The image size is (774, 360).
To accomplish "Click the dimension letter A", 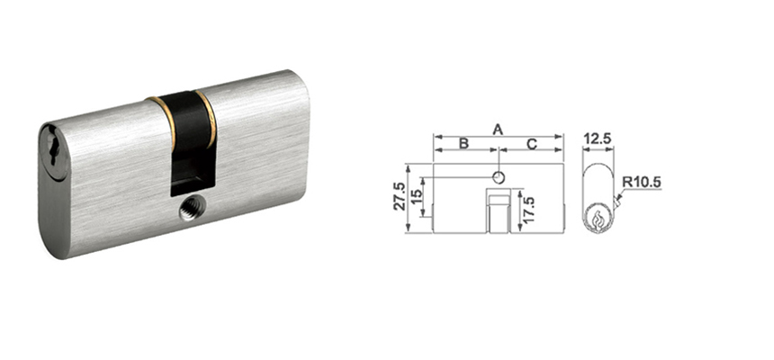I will tap(498, 129).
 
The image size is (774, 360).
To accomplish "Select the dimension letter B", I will tap(463, 144).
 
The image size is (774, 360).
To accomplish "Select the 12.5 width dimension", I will tap(597, 139).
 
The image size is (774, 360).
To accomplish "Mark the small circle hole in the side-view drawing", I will tap(498, 175).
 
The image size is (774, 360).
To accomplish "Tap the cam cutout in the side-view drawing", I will tap(498, 211).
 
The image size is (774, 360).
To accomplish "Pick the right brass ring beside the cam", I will tap(210, 117).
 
